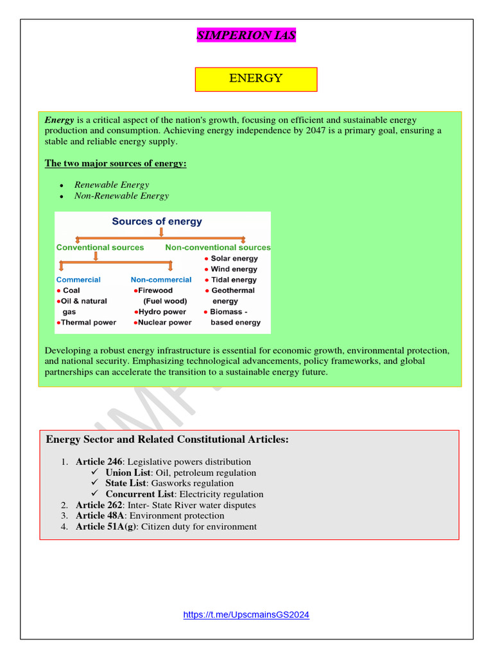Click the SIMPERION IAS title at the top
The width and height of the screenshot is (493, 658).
246,35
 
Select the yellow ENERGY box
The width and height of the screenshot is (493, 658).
255,79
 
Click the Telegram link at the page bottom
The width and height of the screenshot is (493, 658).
246,614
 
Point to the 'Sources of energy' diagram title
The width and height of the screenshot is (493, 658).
157,222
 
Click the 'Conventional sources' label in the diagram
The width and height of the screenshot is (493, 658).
100,247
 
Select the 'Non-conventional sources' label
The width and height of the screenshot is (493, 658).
218,247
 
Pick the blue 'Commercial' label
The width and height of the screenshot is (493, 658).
78,280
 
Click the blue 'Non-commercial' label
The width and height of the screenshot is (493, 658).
161,280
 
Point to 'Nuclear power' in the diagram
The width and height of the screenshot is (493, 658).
165,323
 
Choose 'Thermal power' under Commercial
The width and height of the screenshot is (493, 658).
88,323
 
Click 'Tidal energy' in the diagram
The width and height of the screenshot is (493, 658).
233,280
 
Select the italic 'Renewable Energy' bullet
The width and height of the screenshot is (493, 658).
112,185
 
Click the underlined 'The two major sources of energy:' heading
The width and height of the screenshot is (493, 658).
116,164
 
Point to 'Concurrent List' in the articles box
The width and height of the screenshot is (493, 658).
139,495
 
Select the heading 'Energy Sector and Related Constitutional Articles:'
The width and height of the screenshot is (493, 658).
168,440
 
